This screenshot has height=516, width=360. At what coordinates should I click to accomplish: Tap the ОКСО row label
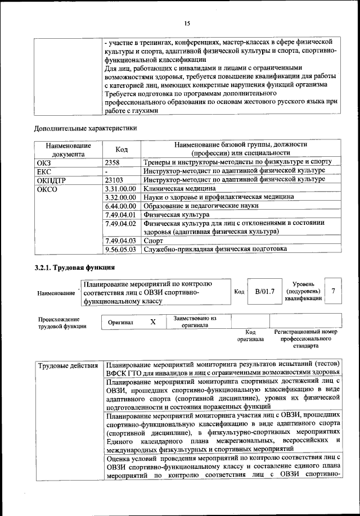(x=48, y=189)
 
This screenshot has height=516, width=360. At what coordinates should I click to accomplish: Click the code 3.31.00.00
(x=121, y=189)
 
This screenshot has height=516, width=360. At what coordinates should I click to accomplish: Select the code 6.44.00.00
(x=121, y=206)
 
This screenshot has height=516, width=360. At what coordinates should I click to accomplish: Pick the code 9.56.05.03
(x=121, y=248)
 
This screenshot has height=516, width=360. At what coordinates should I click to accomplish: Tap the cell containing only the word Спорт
(x=154, y=240)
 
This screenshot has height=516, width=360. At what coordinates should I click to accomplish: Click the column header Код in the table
(x=121, y=150)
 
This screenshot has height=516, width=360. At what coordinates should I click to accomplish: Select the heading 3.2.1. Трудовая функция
(x=74, y=267)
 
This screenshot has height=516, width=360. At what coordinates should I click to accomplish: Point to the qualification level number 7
(x=334, y=291)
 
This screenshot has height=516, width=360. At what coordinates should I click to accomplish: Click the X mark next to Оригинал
(x=152, y=323)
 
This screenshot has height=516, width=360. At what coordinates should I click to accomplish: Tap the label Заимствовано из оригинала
(x=195, y=322)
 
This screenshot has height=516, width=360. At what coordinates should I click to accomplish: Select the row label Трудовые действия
(x=68, y=366)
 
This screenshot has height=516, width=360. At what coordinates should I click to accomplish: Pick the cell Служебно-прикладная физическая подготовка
(x=215, y=248)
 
